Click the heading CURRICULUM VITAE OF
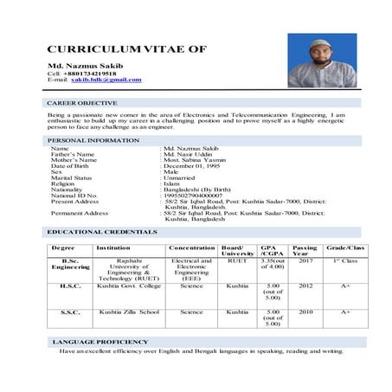tap(126, 49)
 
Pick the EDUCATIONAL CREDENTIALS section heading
tap(102, 232)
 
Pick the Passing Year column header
tap(305, 250)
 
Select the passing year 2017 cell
tap(305, 260)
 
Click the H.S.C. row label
tap(71, 285)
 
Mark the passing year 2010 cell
tap(305, 311)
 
